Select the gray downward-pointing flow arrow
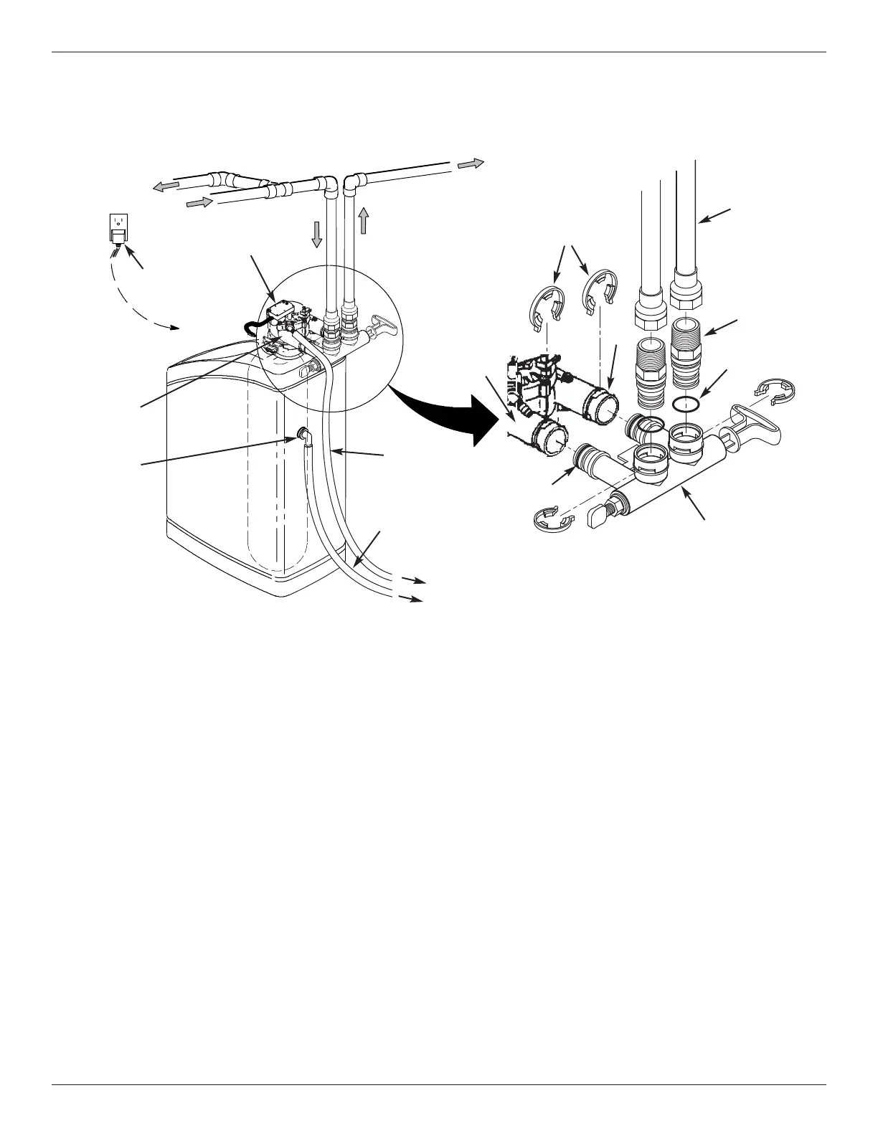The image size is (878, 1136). (317, 234)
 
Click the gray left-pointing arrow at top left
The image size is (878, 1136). (166, 186)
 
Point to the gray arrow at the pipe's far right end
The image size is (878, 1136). (471, 164)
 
